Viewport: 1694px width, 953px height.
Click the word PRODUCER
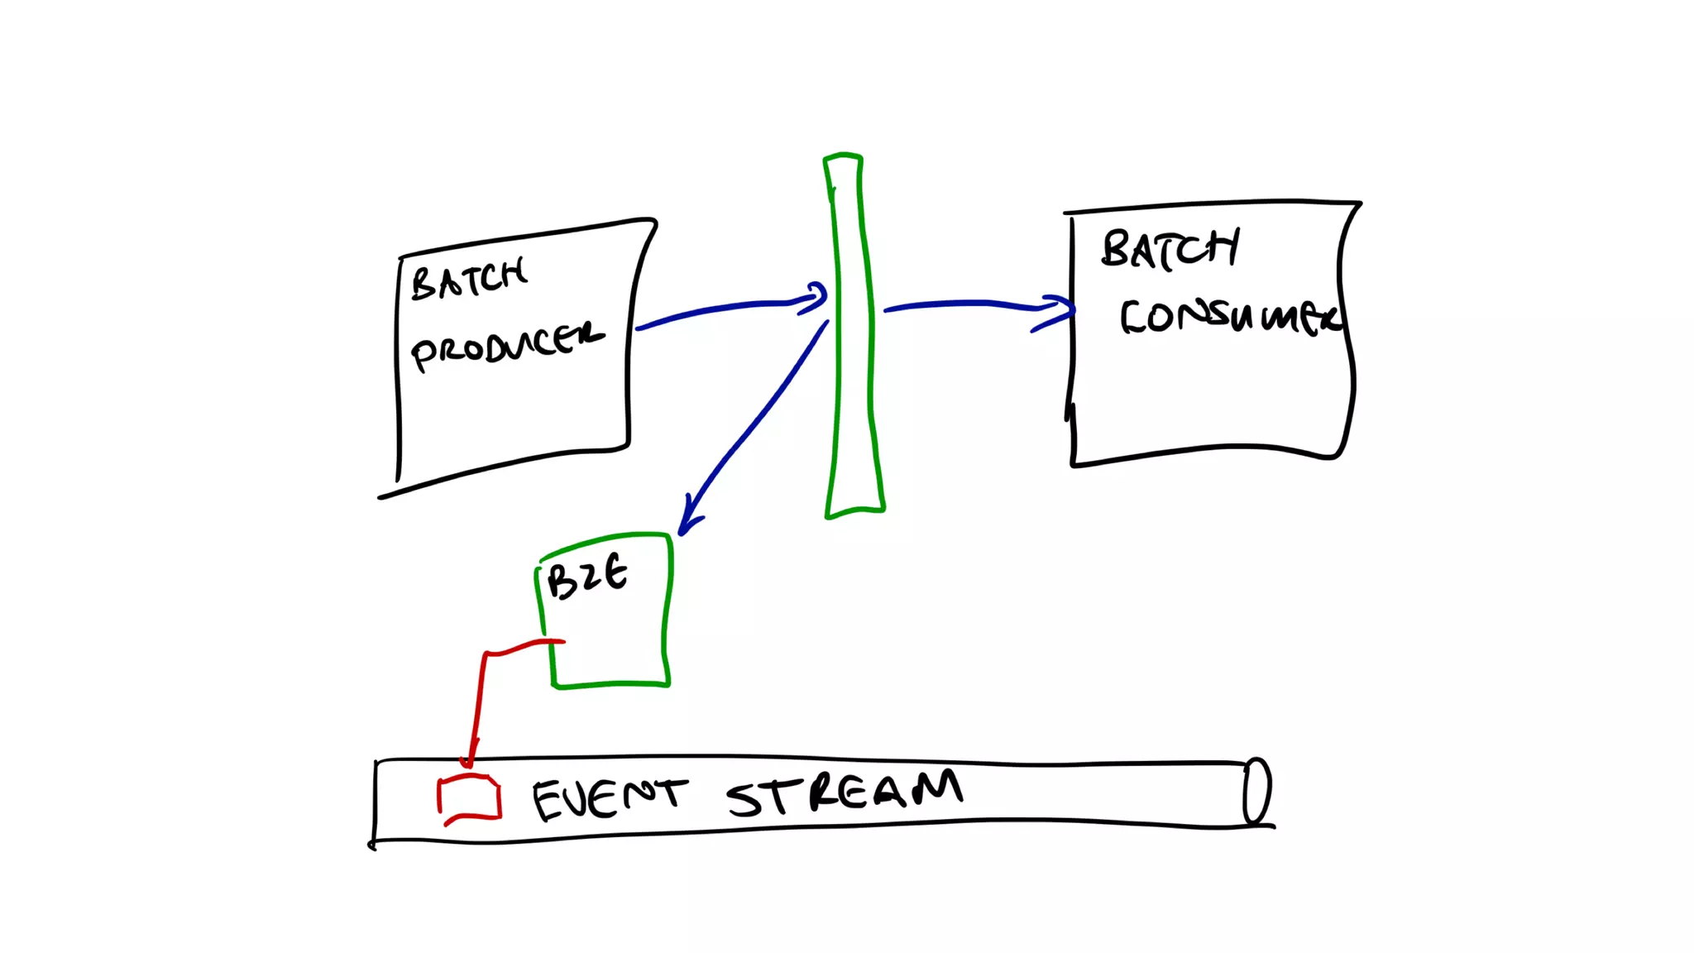[x=506, y=345]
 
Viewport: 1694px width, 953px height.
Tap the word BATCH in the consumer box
[x=1170, y=248]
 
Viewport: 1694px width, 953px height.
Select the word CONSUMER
[x=1229, y=316]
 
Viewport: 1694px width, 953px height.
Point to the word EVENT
[x=609, y=797]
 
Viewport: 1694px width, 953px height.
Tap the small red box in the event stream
[x=469, y=798]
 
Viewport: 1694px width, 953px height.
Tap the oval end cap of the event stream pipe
[x=1256, y=791]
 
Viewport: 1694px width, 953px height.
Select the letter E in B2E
[x=615, y=572]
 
